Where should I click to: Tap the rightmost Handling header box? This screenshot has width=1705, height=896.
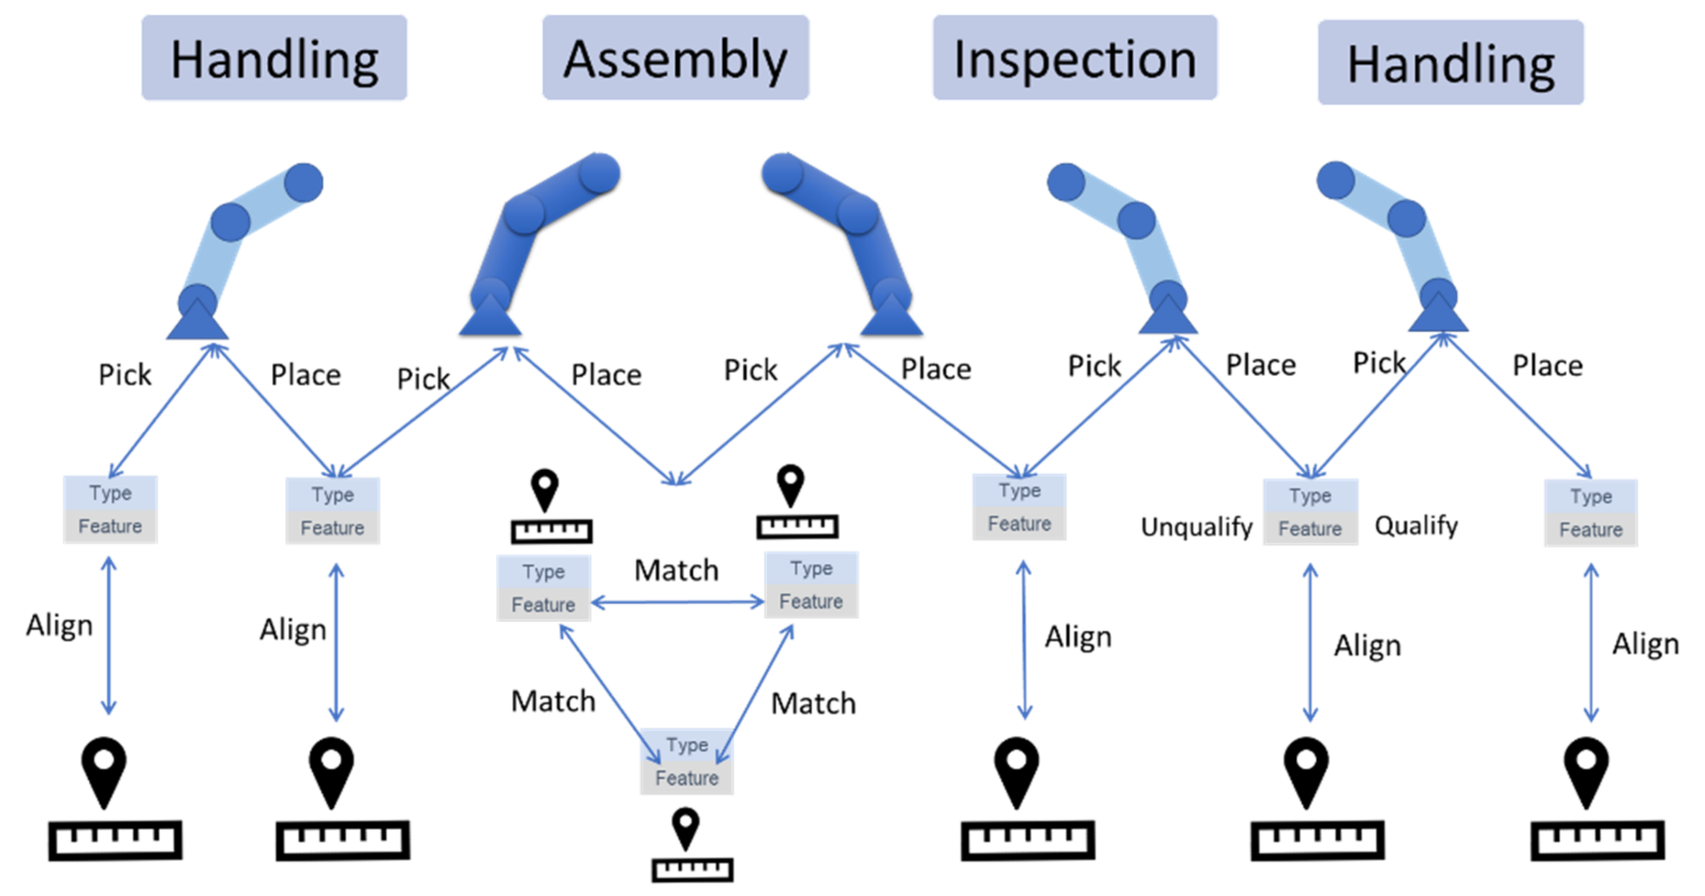[1450, 62]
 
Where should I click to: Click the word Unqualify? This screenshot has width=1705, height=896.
[1196, 527]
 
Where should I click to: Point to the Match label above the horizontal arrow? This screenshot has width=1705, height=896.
[676, 570]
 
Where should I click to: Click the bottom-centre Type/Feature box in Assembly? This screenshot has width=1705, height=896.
[686, 761]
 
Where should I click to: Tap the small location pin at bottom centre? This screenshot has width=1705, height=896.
[685, 827]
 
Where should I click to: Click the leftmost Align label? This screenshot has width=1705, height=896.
[60, 625]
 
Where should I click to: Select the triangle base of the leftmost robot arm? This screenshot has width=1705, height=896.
[197, 322]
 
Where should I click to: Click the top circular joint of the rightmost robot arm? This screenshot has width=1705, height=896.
[1335, 180]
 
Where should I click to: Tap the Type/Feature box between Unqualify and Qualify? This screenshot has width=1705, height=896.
[1310, 512]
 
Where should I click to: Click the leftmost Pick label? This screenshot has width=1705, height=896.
[124, 375]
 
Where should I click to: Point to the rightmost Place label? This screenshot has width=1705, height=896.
[1547, 365]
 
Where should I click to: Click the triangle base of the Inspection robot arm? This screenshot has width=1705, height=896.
[1168, 318]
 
